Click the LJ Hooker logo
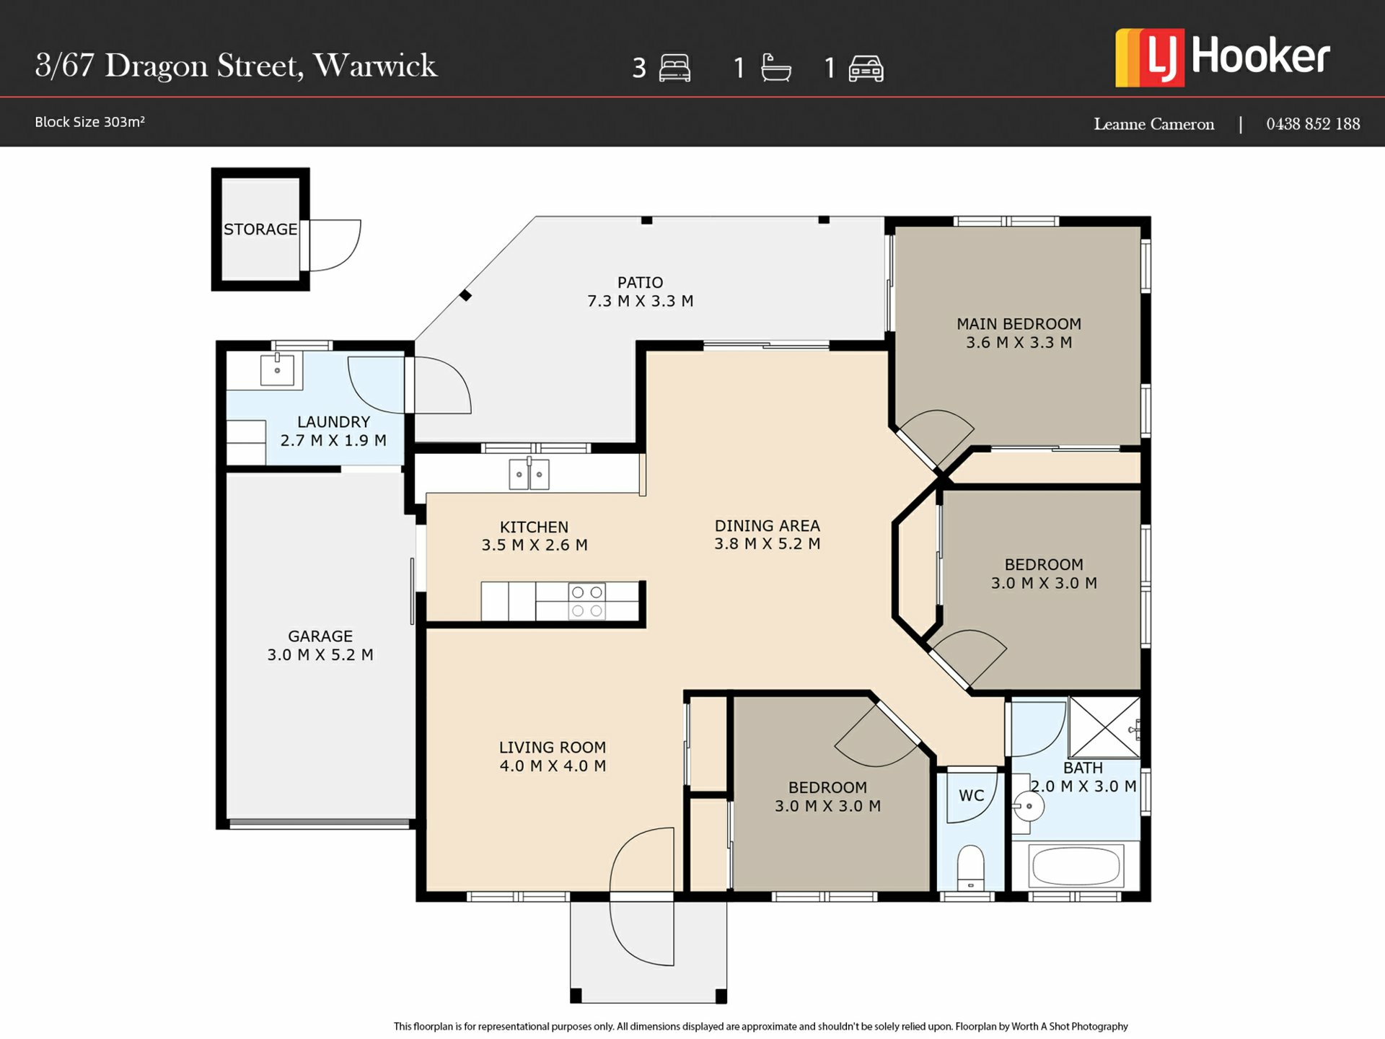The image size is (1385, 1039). [x=1222, y=58]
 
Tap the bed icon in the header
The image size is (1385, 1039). [x=674, y=68]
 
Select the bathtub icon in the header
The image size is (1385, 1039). [x=776, y=68]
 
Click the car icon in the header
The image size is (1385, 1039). [x=866, y=69]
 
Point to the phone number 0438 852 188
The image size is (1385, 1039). [x=1313, y=124]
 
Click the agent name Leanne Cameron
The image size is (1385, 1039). [x=1153, y=124]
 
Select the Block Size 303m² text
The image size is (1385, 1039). [x=89, y=122]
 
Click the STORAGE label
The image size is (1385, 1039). [x=260, y=229]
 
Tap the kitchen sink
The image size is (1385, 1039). [x=529, y=474]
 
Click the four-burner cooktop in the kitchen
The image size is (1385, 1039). [x=587, y=601]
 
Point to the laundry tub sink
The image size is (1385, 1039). [x=277, y=370]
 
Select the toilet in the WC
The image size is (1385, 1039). [x=971, y=867]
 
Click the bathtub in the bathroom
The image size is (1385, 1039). [x=1076, y=865]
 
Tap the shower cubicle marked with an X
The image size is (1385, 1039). [x=1104, y=727]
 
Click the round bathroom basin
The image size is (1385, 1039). [x=1027, y=806]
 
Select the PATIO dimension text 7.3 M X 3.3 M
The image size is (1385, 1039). [x=641, y=301]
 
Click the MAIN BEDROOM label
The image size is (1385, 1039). [x=1019, y=324]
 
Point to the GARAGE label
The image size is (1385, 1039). [x=320, y=636]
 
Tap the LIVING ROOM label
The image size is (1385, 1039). [x=553, y=748]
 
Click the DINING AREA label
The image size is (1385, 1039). [x=768, y=526]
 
